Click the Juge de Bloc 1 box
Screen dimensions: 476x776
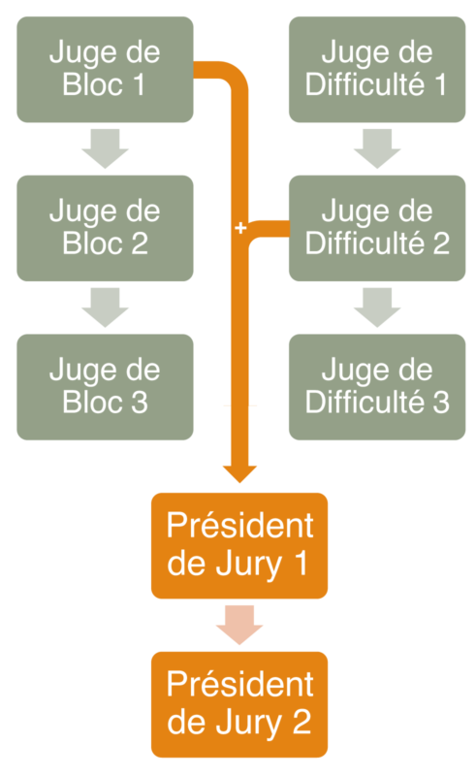click(105, 69)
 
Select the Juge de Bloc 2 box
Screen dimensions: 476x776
click(105, 228)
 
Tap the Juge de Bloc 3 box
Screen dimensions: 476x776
click(105, 387)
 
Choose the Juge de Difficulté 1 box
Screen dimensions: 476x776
click(377, 69)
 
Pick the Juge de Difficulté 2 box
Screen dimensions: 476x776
click(377, 228)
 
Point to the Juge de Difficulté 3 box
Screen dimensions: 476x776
click(377, 387)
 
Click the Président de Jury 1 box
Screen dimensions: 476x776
click(239, 545)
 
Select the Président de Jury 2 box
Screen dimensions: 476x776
click(239, 704)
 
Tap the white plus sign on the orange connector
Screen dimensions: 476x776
click(240, 228)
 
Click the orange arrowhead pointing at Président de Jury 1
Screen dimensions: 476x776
click(240, 473)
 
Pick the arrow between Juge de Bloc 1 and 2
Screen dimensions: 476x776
click(105, 148)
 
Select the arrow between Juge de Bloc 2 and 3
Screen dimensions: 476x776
click(105, 307)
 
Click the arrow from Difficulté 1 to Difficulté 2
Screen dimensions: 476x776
click(377, 148)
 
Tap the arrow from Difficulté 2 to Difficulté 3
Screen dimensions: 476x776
click(377, 307)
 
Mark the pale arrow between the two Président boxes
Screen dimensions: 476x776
click(239, 625)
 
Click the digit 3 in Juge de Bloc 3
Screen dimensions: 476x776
click(140, 403)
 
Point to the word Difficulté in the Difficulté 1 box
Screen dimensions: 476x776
click(365, 84)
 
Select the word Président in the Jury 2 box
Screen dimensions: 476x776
click(240, 684)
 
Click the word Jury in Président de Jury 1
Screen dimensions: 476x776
click(249, 566)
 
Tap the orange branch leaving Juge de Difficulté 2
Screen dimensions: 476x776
click(268, 229)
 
